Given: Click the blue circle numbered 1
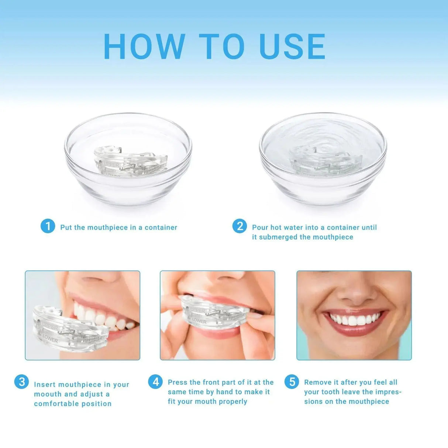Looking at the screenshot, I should tap(48, 226).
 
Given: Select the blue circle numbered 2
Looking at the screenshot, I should tap(239, 226).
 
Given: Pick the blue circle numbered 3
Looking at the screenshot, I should tap(21, 382).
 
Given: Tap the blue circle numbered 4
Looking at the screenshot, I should tap(155, 382).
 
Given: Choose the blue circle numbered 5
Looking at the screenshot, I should tap(292, 382).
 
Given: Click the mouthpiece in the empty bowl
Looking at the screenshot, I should tap(130, 161).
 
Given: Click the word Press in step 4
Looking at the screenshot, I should tap(178, 382).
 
